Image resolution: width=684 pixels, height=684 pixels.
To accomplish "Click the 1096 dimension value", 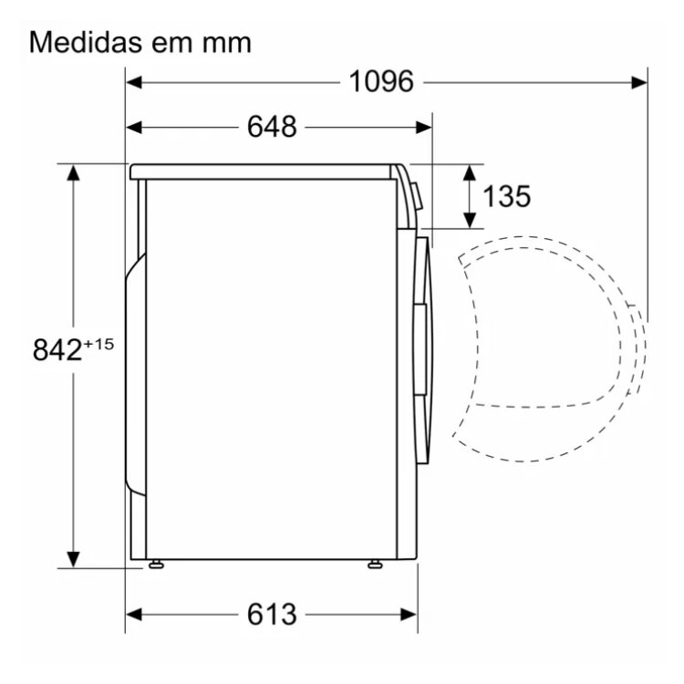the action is coord(381,81).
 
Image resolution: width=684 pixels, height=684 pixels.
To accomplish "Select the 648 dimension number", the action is coord(272,127).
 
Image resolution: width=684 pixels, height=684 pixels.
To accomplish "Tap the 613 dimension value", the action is coord(272,615).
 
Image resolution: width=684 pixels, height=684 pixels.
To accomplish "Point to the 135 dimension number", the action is coord(506,196).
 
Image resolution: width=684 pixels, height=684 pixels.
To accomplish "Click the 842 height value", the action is coord(57,349).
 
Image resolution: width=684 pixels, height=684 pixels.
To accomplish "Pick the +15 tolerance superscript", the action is coord(98,344).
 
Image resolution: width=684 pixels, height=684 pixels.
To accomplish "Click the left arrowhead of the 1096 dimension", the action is coord(133,82).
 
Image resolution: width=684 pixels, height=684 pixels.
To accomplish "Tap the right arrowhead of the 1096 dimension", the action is coord(639,82).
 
